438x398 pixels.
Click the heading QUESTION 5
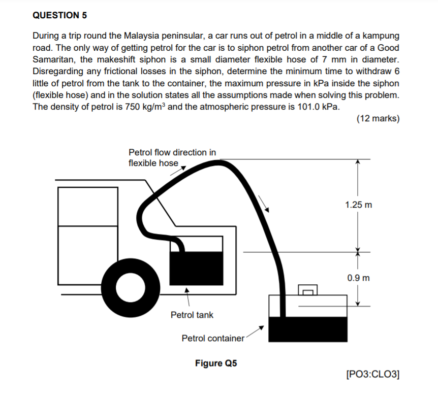coord(60,15)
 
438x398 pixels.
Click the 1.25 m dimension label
coord(358,205)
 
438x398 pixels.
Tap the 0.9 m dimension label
coord(359,278)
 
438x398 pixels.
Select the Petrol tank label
coord(192,315)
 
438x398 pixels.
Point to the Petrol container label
coord(213,338)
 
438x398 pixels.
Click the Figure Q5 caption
coord(216,363)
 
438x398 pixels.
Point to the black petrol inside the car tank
coord(196,269)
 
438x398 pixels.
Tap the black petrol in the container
coord(307,329)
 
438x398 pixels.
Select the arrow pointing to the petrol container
coord(257,330)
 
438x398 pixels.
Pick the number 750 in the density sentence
coord(134,107)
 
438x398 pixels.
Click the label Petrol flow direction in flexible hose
coord(172,157)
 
